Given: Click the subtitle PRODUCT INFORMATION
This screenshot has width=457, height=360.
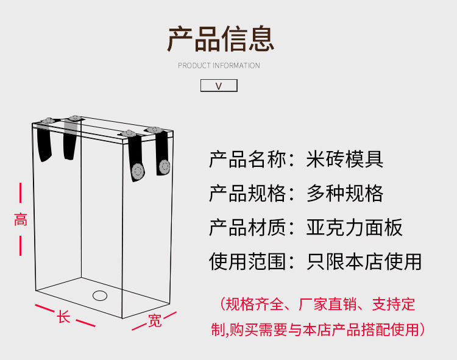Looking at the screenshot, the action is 219,66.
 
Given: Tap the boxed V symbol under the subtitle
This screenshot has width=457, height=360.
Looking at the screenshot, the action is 219,86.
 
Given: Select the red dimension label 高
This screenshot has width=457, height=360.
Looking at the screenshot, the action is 21,219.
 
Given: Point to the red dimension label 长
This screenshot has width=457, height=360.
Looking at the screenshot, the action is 63,317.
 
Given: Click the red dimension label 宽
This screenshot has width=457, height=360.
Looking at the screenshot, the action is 155,320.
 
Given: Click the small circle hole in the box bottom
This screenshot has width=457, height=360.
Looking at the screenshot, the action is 99,296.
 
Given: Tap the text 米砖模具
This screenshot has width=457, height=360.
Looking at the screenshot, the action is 345,160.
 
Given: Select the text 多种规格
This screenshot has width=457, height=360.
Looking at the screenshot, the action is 345,194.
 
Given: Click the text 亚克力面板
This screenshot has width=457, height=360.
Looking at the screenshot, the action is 355,228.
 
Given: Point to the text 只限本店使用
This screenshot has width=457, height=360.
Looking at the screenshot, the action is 364,261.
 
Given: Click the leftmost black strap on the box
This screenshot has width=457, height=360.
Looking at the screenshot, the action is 44,143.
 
